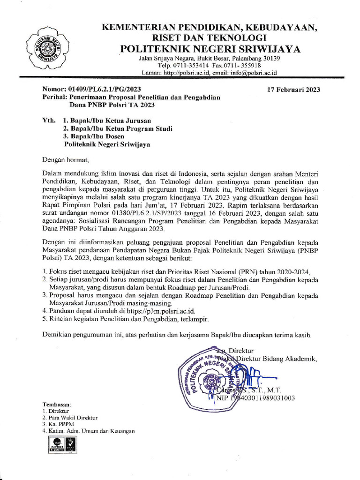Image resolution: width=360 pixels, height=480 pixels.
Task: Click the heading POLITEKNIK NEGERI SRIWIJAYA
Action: tap(210, 49)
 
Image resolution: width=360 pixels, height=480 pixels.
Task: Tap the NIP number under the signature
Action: tap(262, 398)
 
